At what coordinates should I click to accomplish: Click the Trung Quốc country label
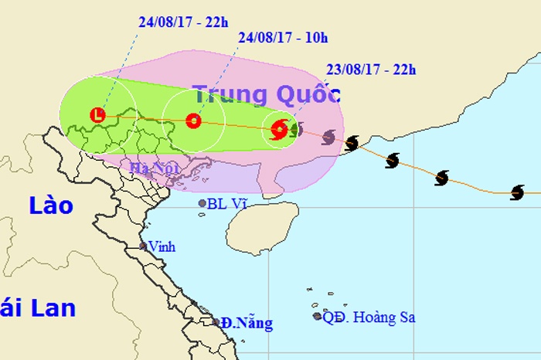coord(266,95)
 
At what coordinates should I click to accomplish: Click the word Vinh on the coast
coord(162,247)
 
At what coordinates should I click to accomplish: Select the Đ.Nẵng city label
coord(247,323)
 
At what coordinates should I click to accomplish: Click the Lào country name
coord(51,206)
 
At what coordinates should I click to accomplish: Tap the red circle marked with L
coord(97,115)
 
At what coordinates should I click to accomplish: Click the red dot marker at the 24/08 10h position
coord(193,121)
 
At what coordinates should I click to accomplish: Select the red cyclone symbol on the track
coord(279,130)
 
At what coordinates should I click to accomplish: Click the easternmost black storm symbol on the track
coord(517,192)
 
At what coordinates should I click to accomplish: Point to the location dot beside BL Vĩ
coord(202,204)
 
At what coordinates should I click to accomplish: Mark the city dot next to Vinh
coord(143,246)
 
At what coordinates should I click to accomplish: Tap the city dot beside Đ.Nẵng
coord(216,322)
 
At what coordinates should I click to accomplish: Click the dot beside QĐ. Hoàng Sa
coord(317,316)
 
